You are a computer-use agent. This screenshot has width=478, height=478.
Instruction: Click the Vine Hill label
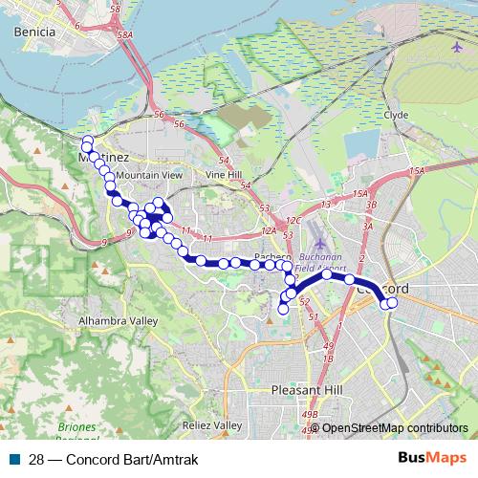(224, 176)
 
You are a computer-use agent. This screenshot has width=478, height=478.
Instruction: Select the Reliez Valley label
(214, 424)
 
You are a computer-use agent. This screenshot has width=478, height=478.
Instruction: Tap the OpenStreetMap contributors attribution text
(395, 428)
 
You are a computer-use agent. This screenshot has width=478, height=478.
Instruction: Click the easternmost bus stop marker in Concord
(392, 303)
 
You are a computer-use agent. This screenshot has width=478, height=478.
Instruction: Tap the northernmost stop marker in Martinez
(87, 141)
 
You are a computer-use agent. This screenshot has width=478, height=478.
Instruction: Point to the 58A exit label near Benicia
(124, 34)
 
